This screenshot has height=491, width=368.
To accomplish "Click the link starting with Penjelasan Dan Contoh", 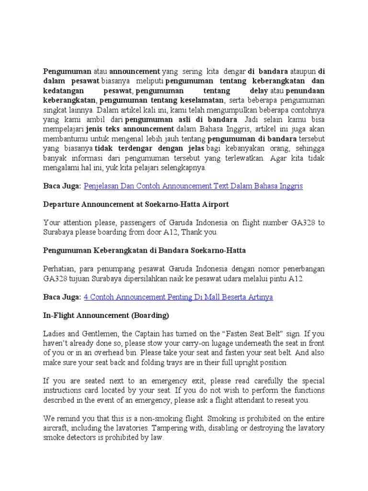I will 193,186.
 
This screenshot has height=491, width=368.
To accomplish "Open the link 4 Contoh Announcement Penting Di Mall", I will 178,297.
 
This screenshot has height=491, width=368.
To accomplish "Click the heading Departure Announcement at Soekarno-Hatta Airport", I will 136,204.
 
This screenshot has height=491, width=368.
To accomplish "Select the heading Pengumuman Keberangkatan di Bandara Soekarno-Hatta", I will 144,250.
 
